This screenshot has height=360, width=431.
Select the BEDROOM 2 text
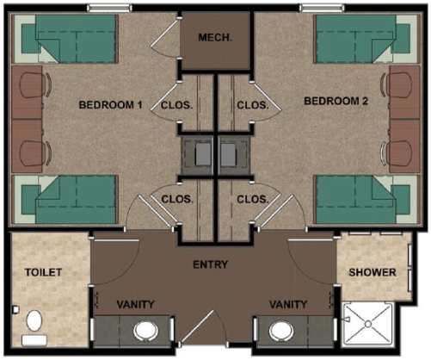pyautogui.click(x=336, y=102)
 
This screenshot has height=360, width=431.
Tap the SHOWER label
pyautogui.click(x=372, y=272)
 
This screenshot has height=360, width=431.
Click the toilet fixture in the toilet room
pyautogui.click(x=34, y=323)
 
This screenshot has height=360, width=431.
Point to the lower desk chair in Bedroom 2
pyautogui.click(x=398, y=149)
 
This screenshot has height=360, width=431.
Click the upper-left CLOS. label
pyautogui.click(x=175, y=106)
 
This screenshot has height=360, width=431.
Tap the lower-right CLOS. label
pyautogui.click(x=252, y=199)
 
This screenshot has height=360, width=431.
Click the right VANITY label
pyautogui.click(x=287, y=304)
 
